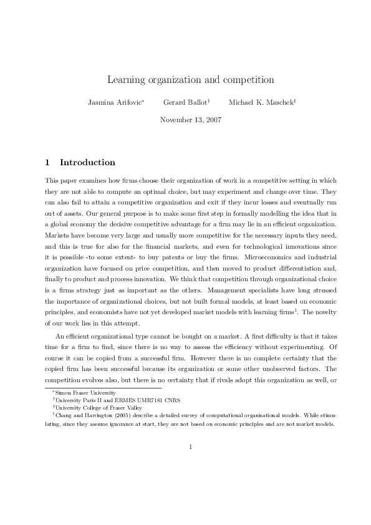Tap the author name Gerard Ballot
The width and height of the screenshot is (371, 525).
click(x=185, y=101)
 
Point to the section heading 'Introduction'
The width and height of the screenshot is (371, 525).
click(x=87, y=163)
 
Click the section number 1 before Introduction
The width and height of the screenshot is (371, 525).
click(x=47, y=163)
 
